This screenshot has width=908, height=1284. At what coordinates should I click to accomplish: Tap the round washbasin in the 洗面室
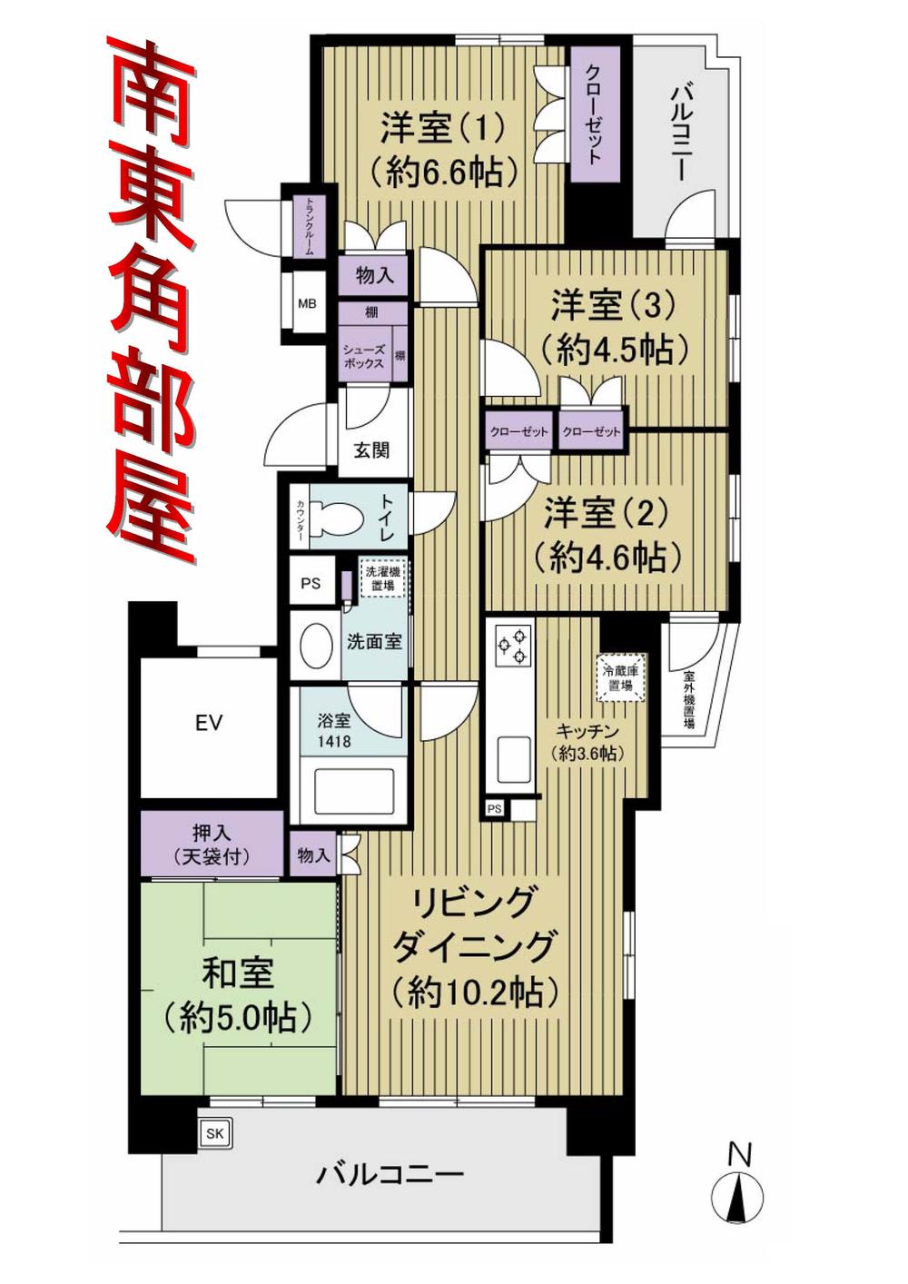click(316, 642)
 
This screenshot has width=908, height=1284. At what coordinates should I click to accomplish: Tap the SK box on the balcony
click(214, 1132)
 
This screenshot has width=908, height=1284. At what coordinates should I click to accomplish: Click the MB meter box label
click(307, 303)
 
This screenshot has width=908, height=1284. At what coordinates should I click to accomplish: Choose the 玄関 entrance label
click(370, 449)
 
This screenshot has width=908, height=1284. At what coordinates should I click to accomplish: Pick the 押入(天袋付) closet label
click(211, 845)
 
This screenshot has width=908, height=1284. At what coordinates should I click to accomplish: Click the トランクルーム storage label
click(309, 227)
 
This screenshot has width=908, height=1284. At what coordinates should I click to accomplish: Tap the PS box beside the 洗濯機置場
click(311, 584)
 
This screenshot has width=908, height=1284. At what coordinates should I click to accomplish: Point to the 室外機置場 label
click(689, 701)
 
